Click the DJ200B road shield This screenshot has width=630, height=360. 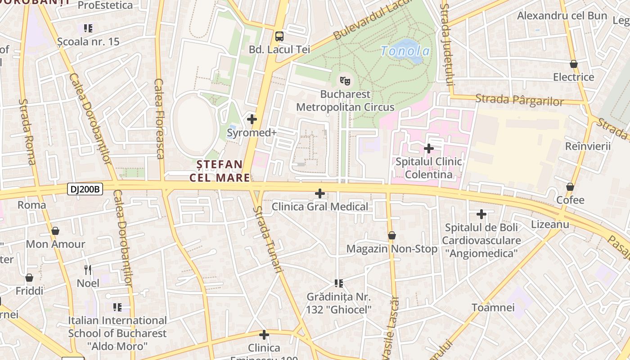[x=85, y=189]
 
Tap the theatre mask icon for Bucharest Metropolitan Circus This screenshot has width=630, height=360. [x=345, y=81]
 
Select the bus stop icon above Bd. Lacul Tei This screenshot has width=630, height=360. [x=279, y=36]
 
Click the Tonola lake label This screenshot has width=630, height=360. [x=405, y=51]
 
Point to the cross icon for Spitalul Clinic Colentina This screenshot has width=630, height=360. [x=429, y=148]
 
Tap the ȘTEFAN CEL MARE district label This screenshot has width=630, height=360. [x=220, y=171]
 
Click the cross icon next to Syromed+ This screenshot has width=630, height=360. [x=252, y=119]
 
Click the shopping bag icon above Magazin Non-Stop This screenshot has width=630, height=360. [x=392, y=235]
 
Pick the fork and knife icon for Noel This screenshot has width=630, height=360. [x=88, y=270]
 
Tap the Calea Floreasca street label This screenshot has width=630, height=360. [x=159, y=119]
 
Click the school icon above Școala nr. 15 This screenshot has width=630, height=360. [x=88, y=28]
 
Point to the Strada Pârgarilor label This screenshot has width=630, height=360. [x=519, y=99]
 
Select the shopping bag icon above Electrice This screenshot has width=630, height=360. [x=573, y=64]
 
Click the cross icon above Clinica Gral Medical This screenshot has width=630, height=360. [x=320, y=193]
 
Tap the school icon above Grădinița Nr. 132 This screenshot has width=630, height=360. [x=339, y=283]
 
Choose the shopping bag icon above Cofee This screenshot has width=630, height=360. [x=570, y=187]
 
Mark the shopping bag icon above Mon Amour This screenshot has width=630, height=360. [x=55, y=231]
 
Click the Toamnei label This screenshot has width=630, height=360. [x=493, y=308]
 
